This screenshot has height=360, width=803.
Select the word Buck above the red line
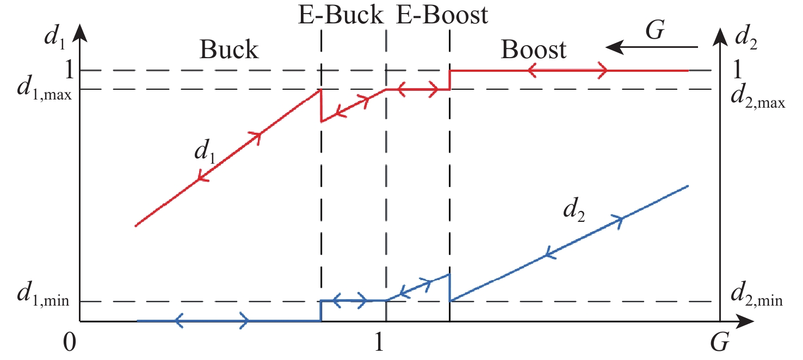pos(228,50)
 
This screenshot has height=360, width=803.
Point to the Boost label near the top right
pos(534,50)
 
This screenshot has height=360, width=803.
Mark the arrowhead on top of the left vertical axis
pos(79,32)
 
